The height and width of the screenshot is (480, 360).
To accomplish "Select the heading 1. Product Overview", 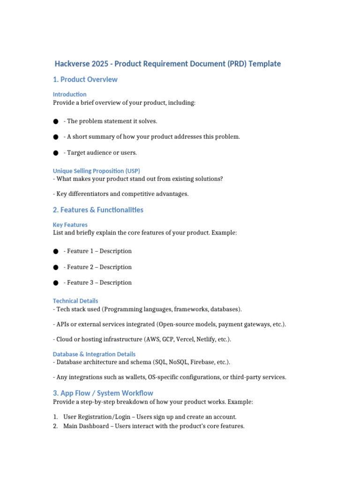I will point(85,80).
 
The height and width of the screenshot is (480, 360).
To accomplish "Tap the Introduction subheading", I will point(69,94).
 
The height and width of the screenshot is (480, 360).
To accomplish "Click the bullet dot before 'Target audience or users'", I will point(56,153).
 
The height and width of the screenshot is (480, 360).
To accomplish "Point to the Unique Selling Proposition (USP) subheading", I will point(96,171).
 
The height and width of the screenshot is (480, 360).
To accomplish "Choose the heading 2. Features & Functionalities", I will point(98,210).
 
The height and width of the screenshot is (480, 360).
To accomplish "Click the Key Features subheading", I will point(70,225).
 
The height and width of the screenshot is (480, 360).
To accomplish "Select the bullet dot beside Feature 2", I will point(56,267).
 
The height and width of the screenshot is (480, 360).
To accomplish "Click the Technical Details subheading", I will point(75,301).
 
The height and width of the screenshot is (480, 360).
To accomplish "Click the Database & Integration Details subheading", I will point(94,354).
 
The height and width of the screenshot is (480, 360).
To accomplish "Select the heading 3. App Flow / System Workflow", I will point(103,393).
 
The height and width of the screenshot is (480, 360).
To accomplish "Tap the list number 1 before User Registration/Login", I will point(55,417).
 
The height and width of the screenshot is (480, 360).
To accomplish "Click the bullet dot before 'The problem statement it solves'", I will point(56,121).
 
